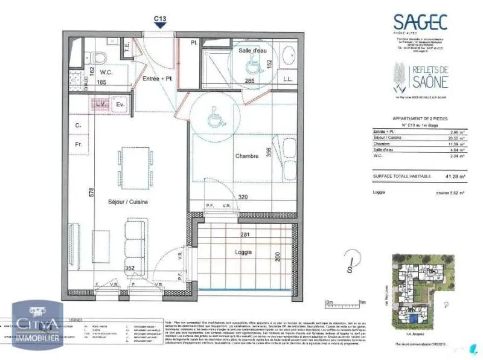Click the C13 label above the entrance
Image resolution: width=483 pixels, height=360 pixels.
click(x=160, y=19)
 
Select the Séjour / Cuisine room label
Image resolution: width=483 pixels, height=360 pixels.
click(x=128, y=202)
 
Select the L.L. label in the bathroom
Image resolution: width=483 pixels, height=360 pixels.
click(x=288, y=79)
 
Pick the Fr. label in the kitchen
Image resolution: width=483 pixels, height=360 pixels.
click(x=78, y=145)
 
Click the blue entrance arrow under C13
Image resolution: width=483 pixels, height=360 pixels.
click(x=160, y=27)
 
